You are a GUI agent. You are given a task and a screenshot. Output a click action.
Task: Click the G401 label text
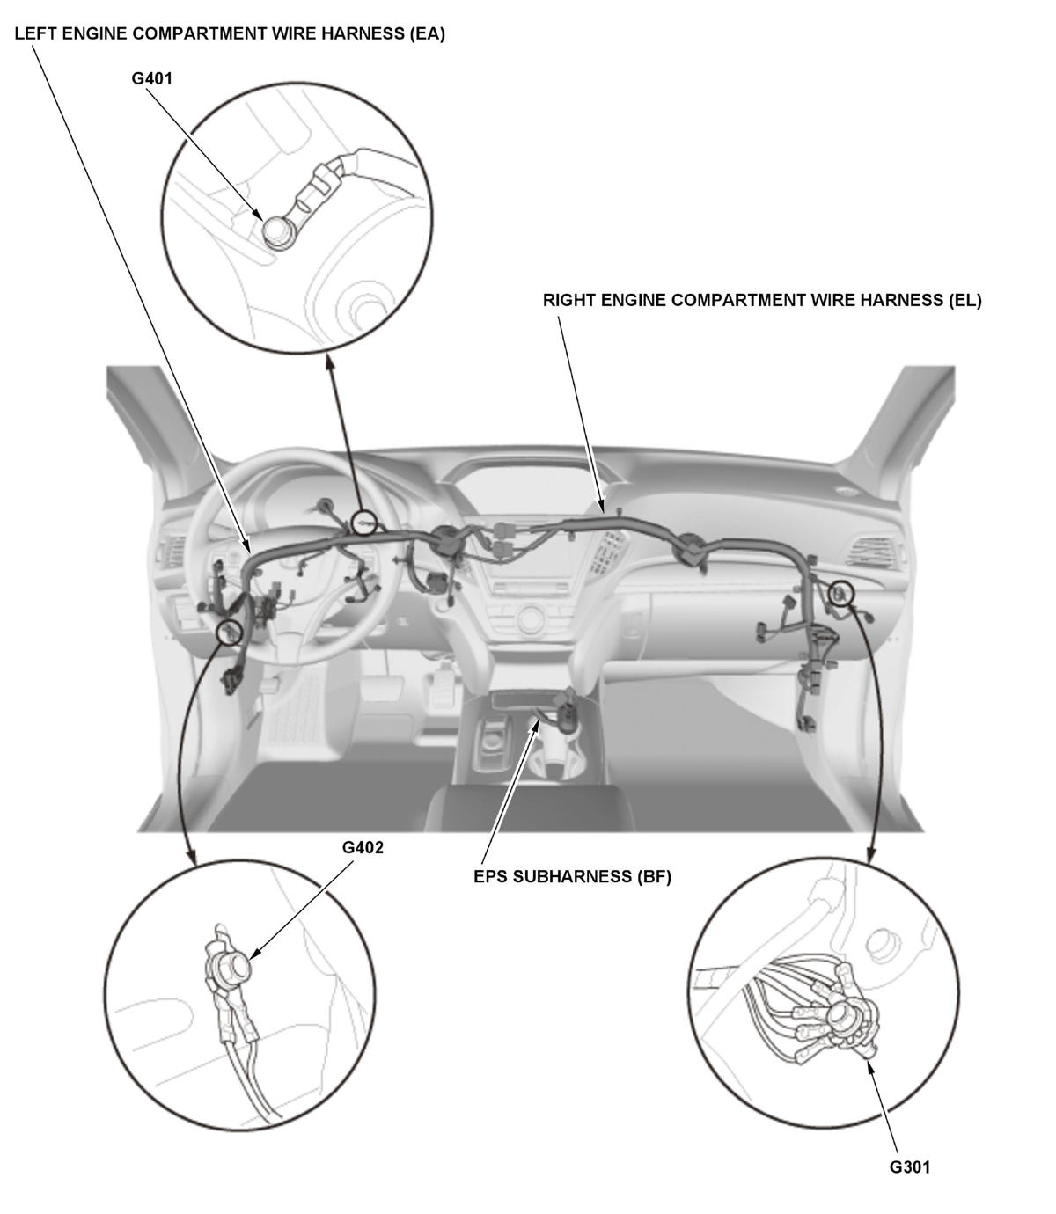(x=152, y=78)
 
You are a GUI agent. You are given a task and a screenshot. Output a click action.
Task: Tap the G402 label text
(x=363, y=847)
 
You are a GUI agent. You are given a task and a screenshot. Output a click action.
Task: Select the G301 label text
(x=909, y=1166)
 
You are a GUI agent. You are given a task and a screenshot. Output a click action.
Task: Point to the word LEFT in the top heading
(x=35, y=33)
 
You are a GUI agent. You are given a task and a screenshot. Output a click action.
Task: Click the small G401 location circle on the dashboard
(x=363, y=523)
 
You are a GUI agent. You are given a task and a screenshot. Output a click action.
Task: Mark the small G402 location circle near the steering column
(x=230, y=632)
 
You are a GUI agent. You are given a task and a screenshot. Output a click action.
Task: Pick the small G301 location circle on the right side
(x=840, y=593)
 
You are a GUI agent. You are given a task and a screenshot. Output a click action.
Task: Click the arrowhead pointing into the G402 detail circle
(x=192, y=858)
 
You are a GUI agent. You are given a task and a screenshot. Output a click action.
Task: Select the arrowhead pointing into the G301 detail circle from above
(x=871, y=856)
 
